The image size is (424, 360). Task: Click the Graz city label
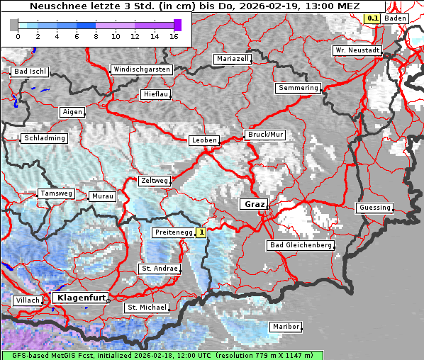[x=252, y=204]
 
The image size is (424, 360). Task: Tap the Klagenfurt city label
[x=79, y=298]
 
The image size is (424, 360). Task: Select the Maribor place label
[x=285, y=327]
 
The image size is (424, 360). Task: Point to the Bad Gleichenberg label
[x=299, y=245]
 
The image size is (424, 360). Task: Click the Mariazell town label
[x=233, y=59]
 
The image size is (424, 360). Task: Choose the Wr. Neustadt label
[x=357, y=51]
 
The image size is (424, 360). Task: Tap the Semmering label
[x=298, y=88]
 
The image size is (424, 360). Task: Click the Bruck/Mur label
[x=264, y=135]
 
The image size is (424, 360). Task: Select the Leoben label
[x=204, y=140]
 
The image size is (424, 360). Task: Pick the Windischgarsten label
[x=140, y=69]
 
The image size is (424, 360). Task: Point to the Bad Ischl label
[x=30, y=72]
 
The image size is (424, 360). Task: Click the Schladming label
[x=44, y=138]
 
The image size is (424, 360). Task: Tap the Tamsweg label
[x=56, y=193]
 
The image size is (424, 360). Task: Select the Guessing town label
[x=374, y=208]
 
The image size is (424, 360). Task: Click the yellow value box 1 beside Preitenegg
[x=201, y=232]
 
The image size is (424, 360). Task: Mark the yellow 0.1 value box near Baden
[x=372, y=18]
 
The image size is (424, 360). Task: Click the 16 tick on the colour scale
[x=174, y=36]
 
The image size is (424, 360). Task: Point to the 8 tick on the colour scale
[x=96, y=36]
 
